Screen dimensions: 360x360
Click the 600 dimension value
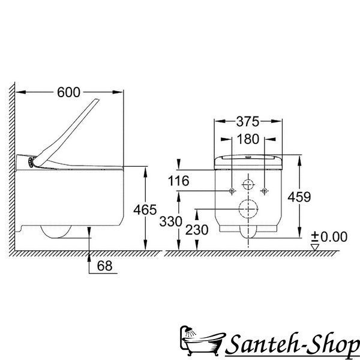point(68,92)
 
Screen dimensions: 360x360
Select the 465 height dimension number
point(145,209)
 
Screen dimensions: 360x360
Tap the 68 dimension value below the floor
point(104,266)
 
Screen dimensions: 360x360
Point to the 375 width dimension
point(248,121)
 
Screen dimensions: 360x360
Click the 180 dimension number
point(248,139)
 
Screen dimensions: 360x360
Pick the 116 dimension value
point(178,181)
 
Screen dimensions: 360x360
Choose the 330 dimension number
point(170,221)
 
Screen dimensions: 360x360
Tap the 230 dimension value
point(197,230)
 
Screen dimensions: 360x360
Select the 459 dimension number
point(299,197)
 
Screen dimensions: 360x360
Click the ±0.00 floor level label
point(329,237)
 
